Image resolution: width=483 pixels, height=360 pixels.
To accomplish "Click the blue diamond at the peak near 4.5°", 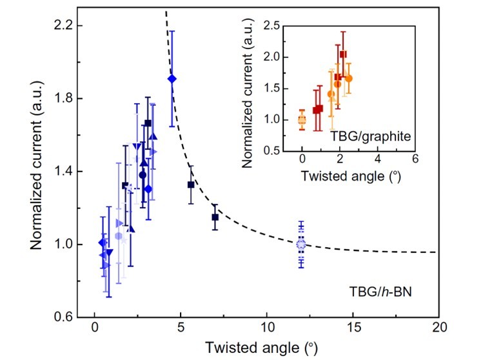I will click(x=172, y=79).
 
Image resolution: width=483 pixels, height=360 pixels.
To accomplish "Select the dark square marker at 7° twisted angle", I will click(x=215, y=217).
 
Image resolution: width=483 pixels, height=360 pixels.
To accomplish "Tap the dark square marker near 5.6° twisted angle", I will click(x=191, y=185).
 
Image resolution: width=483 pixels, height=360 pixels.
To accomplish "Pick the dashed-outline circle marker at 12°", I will click(x=301, y=245).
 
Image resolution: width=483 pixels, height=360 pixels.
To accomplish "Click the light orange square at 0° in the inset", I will click(x=302, y=119).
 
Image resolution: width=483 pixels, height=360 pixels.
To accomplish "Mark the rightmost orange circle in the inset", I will click(x=349, y=78).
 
